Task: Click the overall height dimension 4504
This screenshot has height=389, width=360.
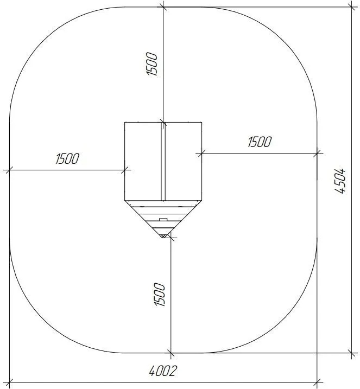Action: pyautogui.click(x=340, y=181)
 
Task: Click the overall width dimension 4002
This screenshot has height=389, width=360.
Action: pyautogui.click(x=163, y=371)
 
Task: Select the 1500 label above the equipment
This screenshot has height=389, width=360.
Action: pyautogui.click(x=151, y=63)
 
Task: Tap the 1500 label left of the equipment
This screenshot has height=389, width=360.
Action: pyautogui.click(x=67, y=158)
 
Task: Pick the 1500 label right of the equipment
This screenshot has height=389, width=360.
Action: pyautogui.click(x=260, y=142)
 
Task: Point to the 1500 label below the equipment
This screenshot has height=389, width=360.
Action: pyautogui.click(x=160, y=295)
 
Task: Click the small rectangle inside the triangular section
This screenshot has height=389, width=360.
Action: pyautogui.click(x=163, y=219)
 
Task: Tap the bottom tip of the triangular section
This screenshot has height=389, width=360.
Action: pyautogui.click(x=163, y=238)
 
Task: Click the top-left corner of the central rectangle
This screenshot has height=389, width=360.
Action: pyautogui.click(x=125, y=122)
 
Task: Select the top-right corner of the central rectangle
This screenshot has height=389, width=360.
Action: pyautogui.click(x=201, y=122)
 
